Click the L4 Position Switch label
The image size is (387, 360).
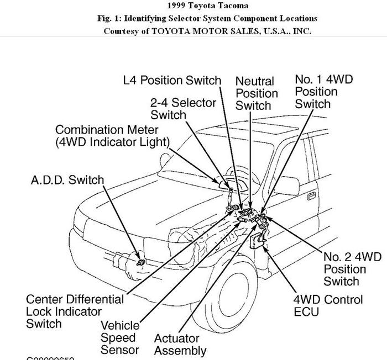[172, 81]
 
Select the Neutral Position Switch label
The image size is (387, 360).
[256, 93]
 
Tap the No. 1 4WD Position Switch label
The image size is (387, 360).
[323, 92]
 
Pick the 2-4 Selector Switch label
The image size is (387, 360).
[183, 108]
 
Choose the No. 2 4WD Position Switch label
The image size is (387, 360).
[352, 269]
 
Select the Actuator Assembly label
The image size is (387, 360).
[180, 344]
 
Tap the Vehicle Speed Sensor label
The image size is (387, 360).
[120, 337]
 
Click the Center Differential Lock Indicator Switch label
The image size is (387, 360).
[75, 311]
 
